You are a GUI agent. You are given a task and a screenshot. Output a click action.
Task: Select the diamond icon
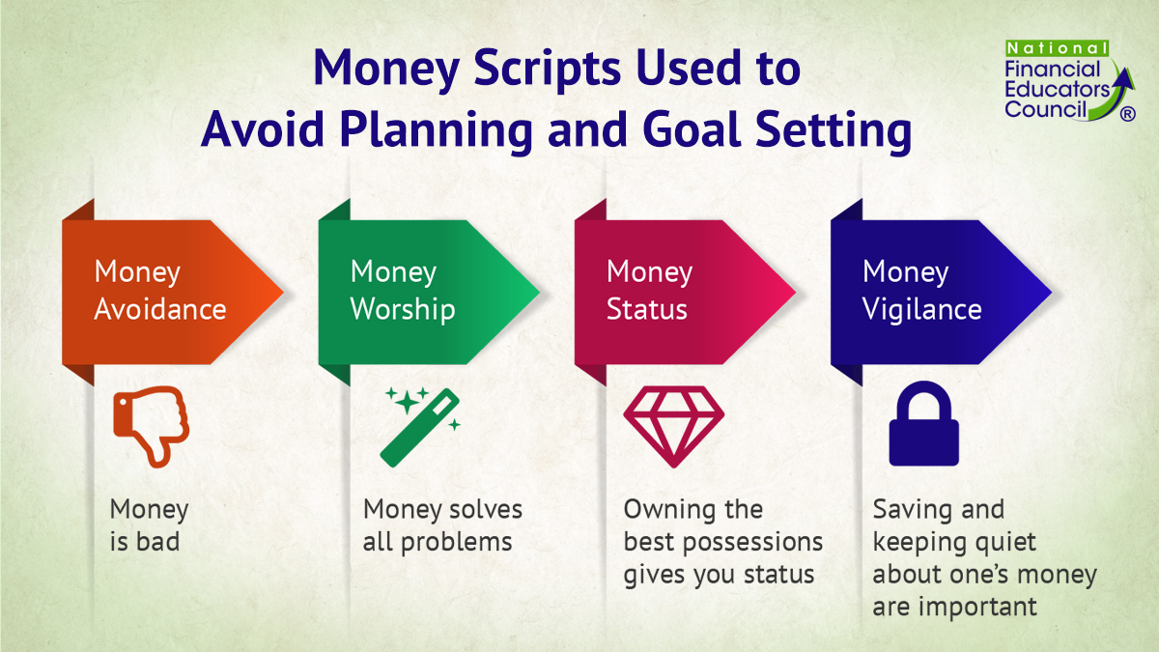[x=673, y=426]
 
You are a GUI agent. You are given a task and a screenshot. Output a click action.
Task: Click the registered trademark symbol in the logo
[x=1126, y=114]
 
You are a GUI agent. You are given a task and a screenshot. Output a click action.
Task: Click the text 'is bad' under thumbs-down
[x=145, y=542]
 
